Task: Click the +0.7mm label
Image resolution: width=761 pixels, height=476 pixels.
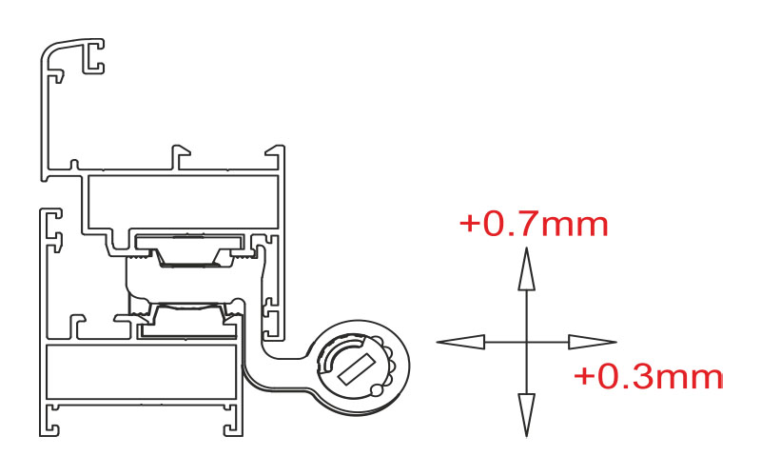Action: (x=534, y=224)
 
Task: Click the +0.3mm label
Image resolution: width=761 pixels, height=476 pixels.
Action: (x=649, y=377)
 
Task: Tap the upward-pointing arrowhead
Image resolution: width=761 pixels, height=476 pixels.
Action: (x=527, y=269)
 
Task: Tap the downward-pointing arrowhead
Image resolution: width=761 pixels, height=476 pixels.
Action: (x=527, y=415)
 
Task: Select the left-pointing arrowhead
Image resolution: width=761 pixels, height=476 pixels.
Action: (x=460, y=342)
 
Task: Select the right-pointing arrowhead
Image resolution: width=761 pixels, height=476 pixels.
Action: (x=593, y=342)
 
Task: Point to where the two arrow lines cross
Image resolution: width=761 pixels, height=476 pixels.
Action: (x=527, y=342)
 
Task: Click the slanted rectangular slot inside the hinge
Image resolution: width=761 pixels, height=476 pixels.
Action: (x=357, y=367)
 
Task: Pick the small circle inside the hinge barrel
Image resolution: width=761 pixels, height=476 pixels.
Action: (x=376, y=389)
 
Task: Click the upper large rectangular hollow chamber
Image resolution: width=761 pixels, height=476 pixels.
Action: (x=183, y=201)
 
